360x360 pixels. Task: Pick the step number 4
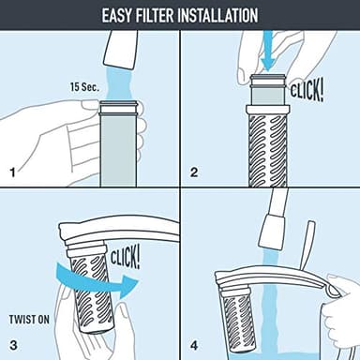(194, 344)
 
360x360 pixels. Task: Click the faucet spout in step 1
(121, 42)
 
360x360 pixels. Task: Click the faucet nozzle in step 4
(272, 229)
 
